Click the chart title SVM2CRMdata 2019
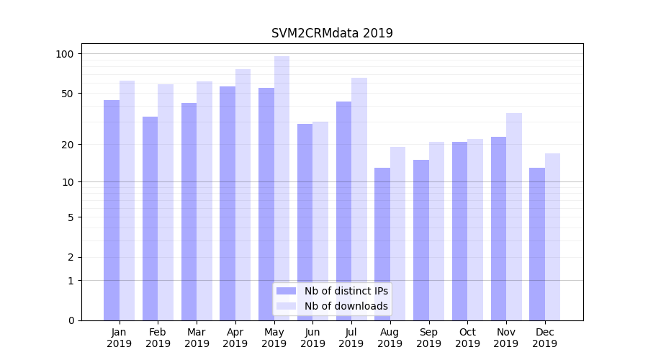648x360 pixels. coord(332,33)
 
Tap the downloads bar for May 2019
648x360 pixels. coord(282,188)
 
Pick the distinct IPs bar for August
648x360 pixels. coord(382,244)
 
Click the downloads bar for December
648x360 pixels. coord(552,237)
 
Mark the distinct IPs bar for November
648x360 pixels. coord(498,228)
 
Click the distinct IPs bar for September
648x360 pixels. coord(421,240)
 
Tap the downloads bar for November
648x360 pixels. coord(514,217)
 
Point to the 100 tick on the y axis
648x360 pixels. coord(65,54)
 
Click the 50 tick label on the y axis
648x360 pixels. coord(68,94)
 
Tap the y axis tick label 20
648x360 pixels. coord(68,145)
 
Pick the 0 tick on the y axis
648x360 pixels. coord(71,320)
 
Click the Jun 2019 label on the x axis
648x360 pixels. coord(312,338)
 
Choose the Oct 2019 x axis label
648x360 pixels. coord(467,338)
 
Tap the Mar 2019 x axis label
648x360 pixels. coord(197,338)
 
